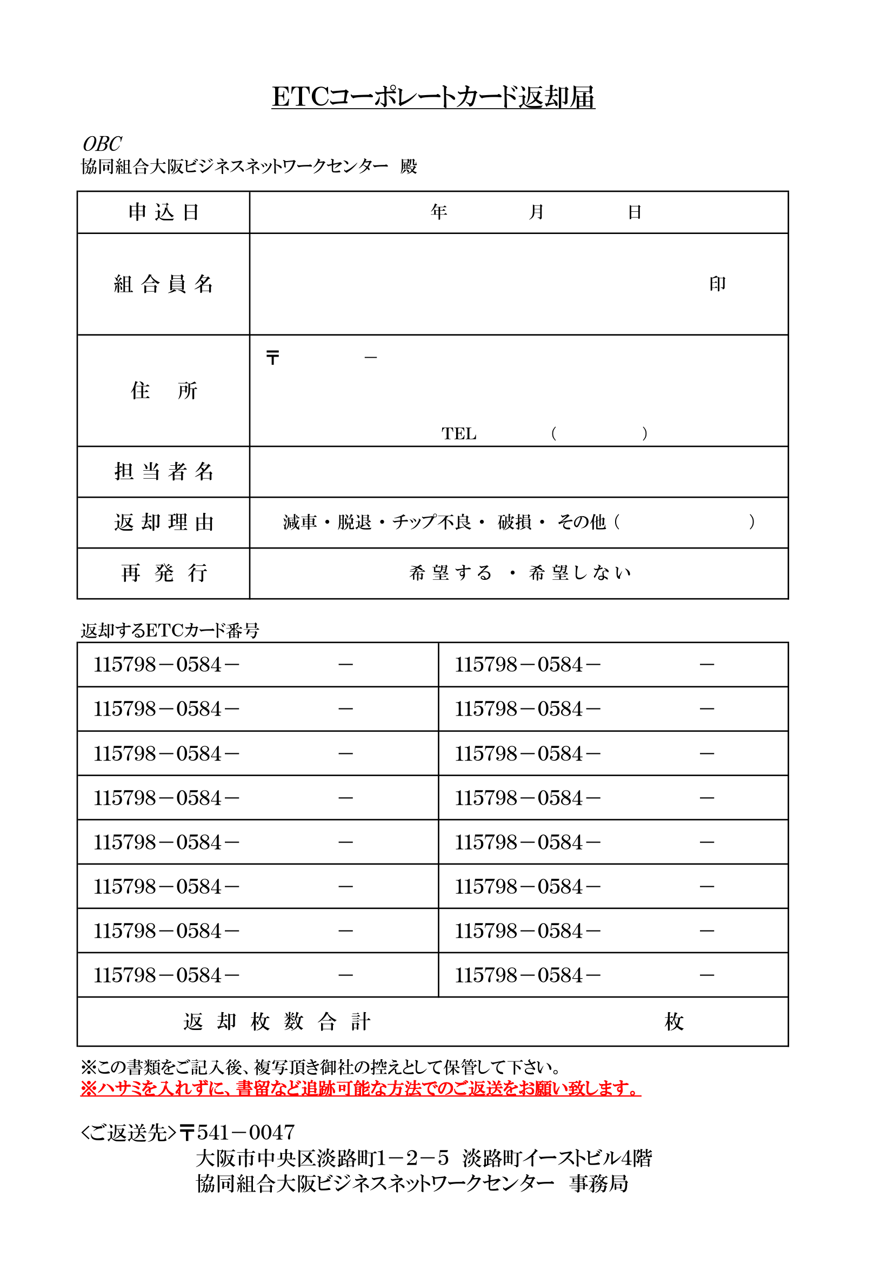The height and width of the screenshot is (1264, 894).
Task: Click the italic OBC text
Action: point(102,144)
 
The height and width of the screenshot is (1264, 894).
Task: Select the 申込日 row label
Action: point(163,212)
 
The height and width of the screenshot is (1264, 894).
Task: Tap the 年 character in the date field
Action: point(439,212)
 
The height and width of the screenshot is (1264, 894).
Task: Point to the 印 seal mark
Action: point(717,284)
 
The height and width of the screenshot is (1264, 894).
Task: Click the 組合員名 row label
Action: point(163,284)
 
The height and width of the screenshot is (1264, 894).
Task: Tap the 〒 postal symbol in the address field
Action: point(272,358)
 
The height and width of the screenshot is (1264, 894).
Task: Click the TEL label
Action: point(458,434)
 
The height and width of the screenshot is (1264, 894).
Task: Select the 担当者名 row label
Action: point(163,472)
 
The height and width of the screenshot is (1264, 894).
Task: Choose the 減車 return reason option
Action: point(300,522)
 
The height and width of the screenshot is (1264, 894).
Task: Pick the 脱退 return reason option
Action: point(355,522)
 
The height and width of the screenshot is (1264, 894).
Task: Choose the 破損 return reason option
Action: point(514,522)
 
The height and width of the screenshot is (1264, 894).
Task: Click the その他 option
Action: point(582,522)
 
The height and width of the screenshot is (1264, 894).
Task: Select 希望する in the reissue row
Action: point(450,573)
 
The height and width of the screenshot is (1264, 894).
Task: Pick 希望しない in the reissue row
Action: point(579,573)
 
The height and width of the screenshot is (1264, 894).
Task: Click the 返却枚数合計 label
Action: point(277,1022)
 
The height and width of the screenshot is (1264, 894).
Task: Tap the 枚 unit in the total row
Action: point(674,1022)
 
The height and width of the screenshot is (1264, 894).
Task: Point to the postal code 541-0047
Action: point(245,1133)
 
